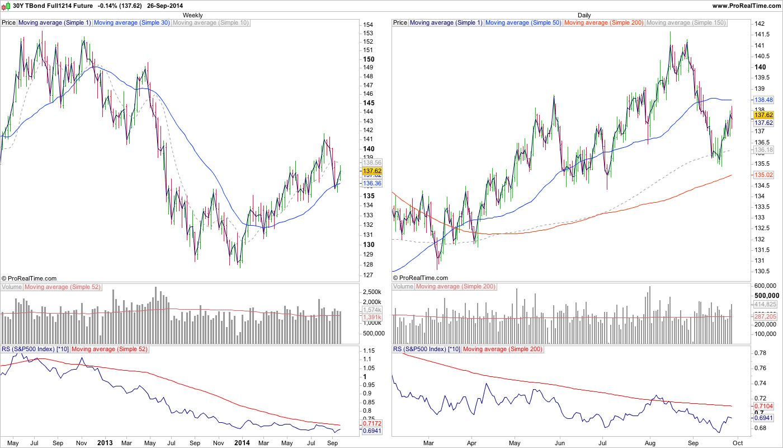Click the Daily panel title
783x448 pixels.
click(584, 15)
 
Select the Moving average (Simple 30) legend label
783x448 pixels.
click(131, 23)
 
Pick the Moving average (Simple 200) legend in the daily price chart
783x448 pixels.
click(604, 23)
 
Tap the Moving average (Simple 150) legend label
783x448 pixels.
click(686, 23)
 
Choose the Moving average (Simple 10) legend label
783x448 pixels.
click(211, 23)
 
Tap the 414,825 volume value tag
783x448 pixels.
click(765, 304)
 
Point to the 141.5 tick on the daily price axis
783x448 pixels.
click(761, 35)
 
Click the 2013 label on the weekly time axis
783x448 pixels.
click(105, 442)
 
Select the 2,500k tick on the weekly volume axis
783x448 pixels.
click(372, 292)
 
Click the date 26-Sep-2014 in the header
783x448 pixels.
click(164, 5)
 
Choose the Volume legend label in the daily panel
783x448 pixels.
click(403, 287)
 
